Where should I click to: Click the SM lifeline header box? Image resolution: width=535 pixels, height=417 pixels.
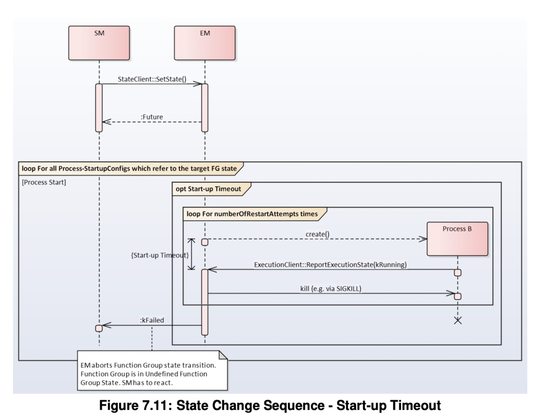[99, 42]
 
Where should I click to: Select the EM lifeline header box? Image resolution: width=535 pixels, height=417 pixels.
[205, 42]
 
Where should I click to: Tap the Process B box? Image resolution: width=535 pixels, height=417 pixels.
[457, 238]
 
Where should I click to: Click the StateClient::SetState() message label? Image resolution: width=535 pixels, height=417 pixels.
[152, 79]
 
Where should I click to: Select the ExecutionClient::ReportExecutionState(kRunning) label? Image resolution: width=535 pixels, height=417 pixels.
[330, 265]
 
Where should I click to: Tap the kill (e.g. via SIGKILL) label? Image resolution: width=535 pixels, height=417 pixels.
[330, 288]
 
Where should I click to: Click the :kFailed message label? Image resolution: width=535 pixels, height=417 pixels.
[152, 319]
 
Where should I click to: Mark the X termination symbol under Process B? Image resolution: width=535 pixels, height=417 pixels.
[457, 320]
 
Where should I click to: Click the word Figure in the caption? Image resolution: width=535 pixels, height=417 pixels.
[122, 406]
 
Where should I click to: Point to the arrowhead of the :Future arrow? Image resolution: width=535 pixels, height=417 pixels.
[105, 122]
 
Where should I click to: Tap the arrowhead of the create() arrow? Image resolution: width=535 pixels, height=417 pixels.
[424, 238]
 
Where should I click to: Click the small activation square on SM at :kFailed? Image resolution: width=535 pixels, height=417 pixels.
[99, 328]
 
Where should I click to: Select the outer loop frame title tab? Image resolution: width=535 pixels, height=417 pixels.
[129, 168]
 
